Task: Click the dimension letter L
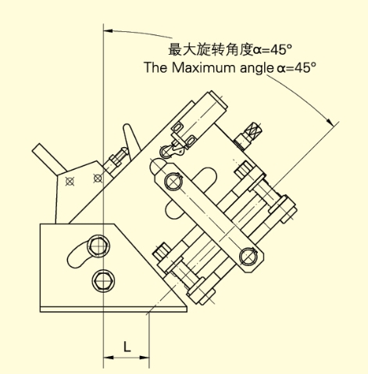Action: tap(127, 347)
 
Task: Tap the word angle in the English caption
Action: tap(255, 68)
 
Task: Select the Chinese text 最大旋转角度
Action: tap(210, 49)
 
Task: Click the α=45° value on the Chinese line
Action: tap(273, 49)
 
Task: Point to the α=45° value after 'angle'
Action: tap(297, 68)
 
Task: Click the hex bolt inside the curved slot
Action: tap(98, 246)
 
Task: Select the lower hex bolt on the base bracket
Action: tap(103, 281)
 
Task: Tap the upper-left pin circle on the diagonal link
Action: tap(173, 181)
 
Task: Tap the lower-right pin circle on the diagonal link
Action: tap(248, 256)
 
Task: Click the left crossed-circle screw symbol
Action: tap(70, 181)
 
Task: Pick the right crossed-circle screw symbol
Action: tap(98, 178)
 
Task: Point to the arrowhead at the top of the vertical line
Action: tap(108, 31)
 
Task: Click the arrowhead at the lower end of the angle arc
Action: tap(330, 122)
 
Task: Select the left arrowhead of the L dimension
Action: tap(109, 357)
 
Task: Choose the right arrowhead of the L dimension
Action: tap(145, 357)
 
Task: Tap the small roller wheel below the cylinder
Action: tap(166, 152)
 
